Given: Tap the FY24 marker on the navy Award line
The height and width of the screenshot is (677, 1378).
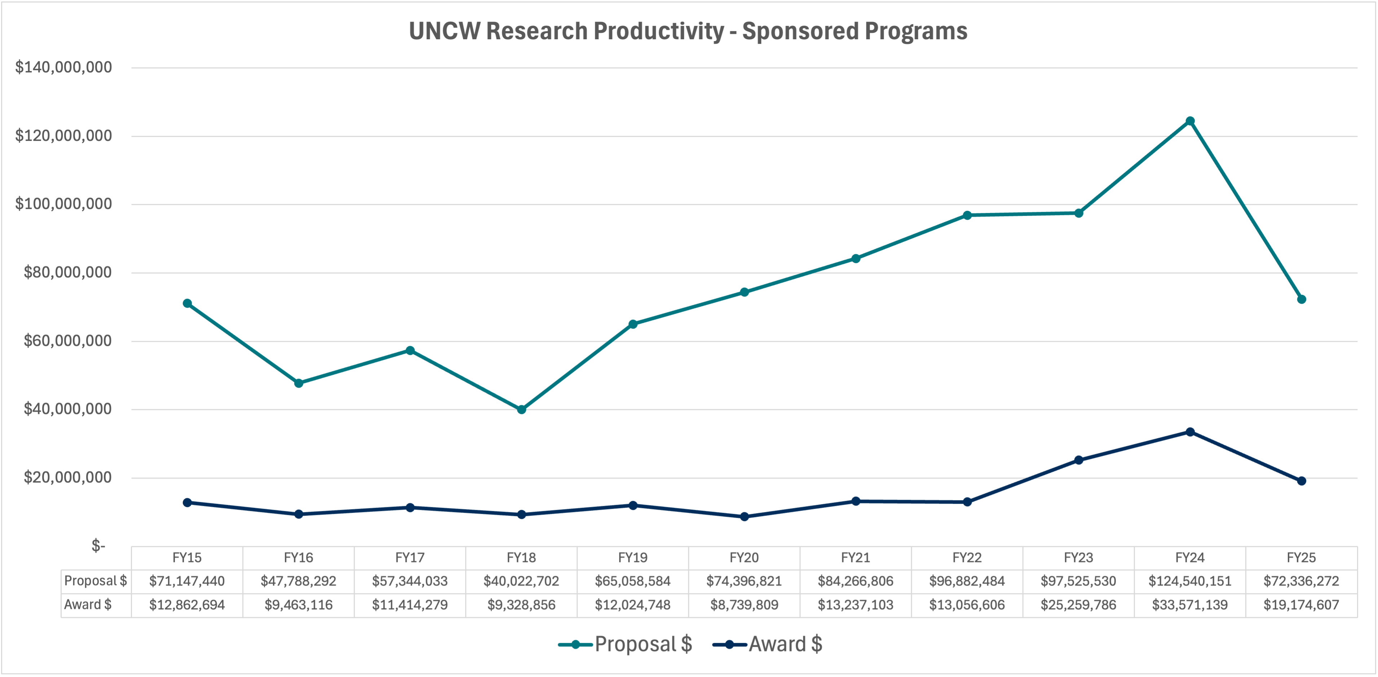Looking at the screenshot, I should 1190,432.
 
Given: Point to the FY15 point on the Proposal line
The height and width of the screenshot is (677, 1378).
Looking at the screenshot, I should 187,303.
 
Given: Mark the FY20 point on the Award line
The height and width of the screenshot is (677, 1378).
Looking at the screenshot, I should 744,517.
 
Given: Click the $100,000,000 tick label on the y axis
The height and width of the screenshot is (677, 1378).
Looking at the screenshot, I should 64,204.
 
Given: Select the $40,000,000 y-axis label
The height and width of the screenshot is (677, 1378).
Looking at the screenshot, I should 67,409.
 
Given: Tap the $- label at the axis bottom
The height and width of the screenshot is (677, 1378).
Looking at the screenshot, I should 98,546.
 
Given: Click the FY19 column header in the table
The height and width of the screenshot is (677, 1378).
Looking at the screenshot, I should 633,558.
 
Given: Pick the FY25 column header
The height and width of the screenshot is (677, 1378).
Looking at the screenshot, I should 1301,558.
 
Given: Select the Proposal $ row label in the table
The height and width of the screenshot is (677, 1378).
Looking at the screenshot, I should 95,581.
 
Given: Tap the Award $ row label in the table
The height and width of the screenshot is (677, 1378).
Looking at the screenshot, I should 88,605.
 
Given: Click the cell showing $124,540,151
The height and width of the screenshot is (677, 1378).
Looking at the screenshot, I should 1190,581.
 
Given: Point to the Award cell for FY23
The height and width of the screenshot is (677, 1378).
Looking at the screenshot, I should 1078,605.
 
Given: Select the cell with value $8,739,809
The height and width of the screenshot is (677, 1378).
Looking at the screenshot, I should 744,605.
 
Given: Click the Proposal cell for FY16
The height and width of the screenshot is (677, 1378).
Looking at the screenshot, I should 299,581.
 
